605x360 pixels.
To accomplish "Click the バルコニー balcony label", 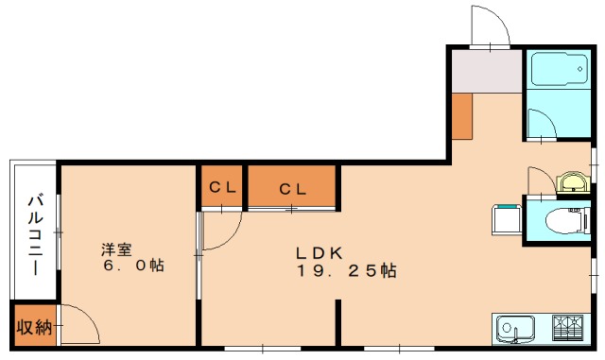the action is [35, 235].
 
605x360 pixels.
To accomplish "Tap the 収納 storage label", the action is [34, 328].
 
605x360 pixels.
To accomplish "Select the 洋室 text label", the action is [116, 249].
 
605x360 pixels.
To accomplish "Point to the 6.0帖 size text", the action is [133, 266].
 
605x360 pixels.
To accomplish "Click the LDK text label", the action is [320, 253].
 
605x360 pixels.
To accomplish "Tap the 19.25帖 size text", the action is [347, 271].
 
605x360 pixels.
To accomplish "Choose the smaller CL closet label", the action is [222, 188].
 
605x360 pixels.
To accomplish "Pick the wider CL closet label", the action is [293, 190].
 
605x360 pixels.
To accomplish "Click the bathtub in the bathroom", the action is [559, 70].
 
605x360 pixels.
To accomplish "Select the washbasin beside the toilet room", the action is [573, 182].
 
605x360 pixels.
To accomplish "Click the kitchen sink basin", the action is [515, 330].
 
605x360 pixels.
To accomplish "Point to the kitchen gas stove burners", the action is [567, 328].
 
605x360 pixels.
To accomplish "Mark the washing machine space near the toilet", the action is [507, 220].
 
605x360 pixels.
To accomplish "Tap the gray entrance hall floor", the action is [487, 71].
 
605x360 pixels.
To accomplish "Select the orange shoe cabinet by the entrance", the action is [462, 116].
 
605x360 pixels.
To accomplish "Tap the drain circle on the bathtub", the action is [579, 69].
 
